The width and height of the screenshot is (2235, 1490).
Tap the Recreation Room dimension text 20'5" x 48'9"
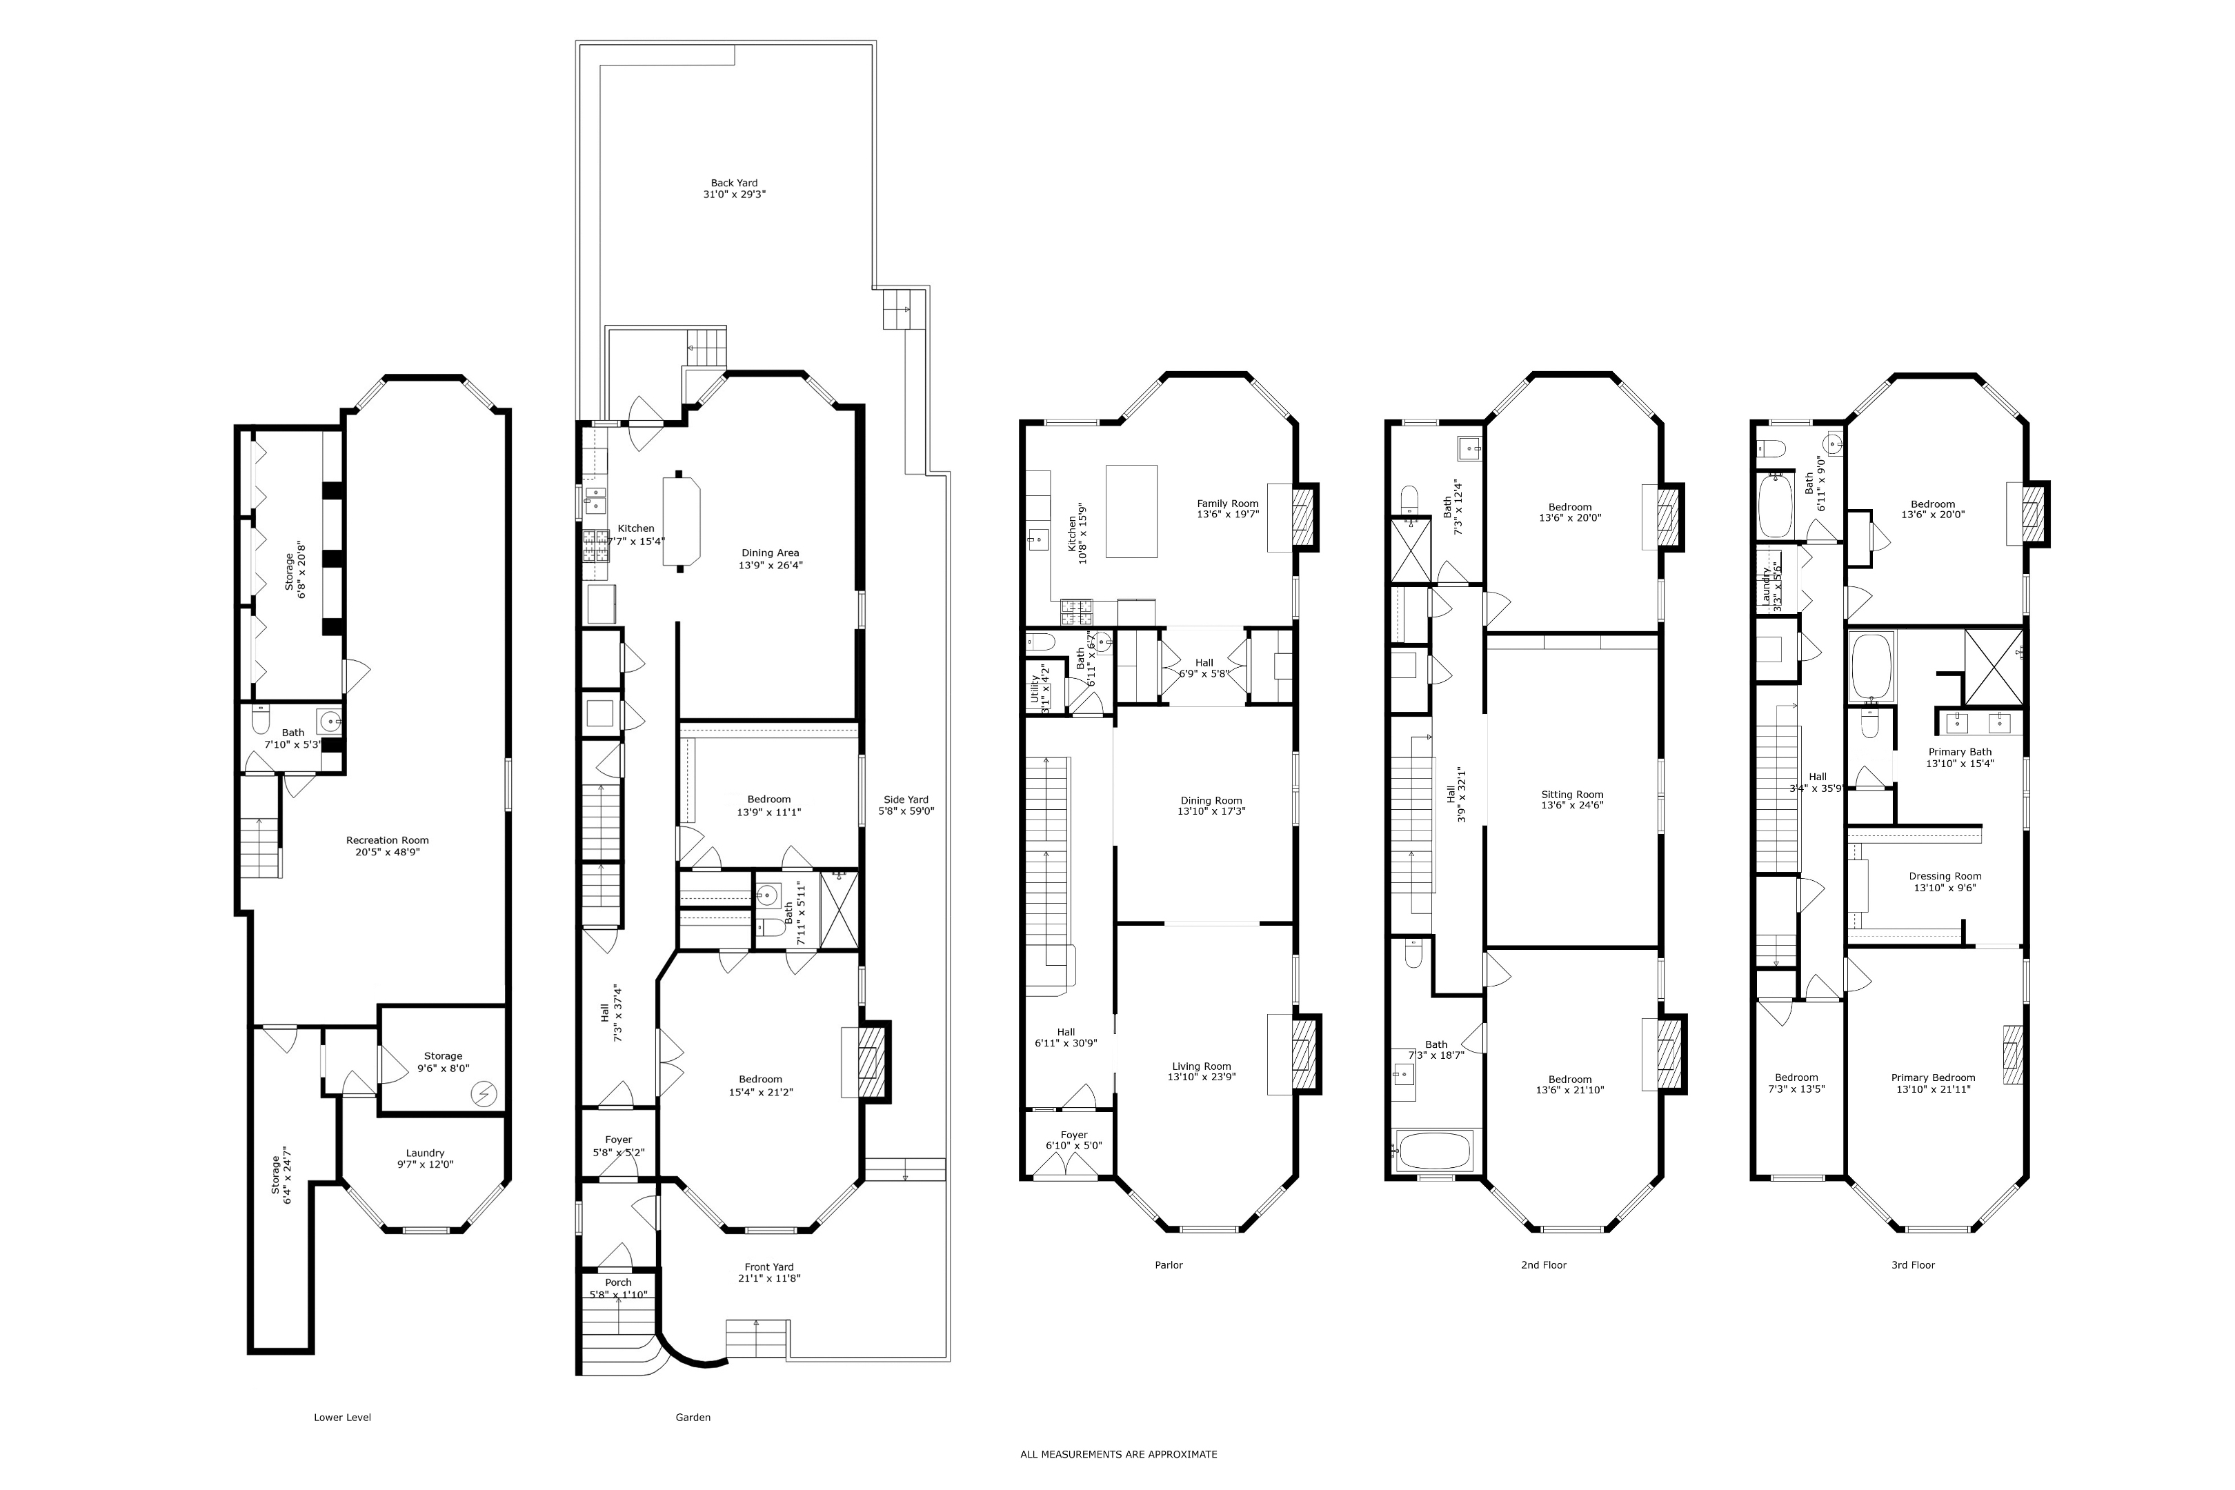tap(388, 853)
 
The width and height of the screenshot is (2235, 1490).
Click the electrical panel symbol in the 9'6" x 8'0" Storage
tap(486, 1095)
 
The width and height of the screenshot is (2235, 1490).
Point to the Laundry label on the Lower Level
tap(425, 1153)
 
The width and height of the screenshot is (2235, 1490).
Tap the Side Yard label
tap(904, 799)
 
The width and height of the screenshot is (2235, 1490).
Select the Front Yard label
tap(768, 1266)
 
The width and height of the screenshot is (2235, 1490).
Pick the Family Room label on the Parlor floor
tap(1226, 504)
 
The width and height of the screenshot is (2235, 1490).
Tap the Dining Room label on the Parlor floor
tap(1211, 800)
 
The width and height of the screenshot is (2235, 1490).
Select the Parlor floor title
tap(1168, 1265)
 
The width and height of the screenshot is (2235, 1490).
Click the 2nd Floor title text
tap(1543, 1265)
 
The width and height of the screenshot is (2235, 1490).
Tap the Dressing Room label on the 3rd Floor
tap(1944, 876)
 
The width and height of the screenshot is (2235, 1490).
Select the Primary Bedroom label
tap(1933, 1077)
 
